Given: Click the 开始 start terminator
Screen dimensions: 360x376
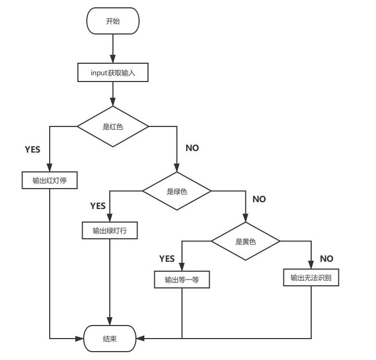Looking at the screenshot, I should (113, 21).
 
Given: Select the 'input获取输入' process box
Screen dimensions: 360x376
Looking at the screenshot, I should (113, 73).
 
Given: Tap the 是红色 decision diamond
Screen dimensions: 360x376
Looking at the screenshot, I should (113, 126).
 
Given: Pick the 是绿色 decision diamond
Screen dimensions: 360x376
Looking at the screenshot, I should (177, 191).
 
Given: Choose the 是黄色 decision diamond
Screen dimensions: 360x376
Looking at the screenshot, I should (245, 241).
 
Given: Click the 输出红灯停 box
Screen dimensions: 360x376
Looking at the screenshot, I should (50, 180).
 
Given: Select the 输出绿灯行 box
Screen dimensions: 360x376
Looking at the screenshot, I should (110, 230).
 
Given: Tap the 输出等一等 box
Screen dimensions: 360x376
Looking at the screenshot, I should (182, 280).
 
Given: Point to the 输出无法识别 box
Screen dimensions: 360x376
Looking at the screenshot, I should (311, 277).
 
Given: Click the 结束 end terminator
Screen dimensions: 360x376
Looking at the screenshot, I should (110, 338).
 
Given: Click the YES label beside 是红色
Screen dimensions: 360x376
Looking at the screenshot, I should (32, 149).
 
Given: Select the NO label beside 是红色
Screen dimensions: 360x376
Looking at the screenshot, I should (192, 148).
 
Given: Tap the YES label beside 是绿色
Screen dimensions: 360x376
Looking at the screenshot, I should (98, 205).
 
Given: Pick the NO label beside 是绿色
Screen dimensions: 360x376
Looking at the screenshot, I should (259, 199).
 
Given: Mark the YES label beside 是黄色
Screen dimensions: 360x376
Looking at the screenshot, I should (167, 259).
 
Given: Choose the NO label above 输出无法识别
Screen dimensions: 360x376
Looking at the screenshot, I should (326, 259).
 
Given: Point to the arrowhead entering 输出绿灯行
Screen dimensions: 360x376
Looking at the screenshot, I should (110, 219).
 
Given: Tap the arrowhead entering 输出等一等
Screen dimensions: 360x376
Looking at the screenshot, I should (182, 268).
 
